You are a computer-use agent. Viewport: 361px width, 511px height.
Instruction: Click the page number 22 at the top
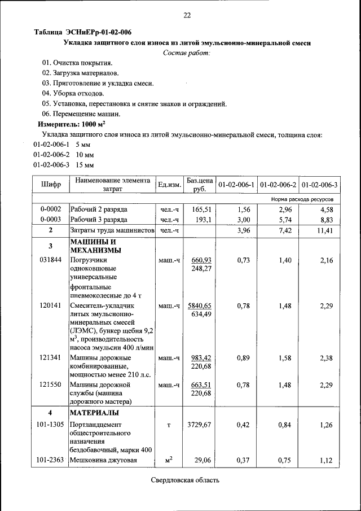click(x=187, y=15)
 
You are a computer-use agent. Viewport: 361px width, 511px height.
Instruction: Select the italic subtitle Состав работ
click(x=187, y=53)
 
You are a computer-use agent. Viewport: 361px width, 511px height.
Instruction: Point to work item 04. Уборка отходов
click(x=73, y=93)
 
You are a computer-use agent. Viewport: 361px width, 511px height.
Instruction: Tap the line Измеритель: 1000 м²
click(x=72, y=124)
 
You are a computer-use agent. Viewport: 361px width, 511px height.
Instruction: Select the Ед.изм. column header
click(x=169, y=185)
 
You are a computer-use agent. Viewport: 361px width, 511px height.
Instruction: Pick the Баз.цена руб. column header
click(x=199, y=185)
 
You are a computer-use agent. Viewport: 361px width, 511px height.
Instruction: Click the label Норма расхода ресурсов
click(x=302, y=199)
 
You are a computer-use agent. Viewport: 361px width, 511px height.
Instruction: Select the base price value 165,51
click(x=201, y=209)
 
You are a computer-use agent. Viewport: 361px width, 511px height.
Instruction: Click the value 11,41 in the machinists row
click(x=325, y=230)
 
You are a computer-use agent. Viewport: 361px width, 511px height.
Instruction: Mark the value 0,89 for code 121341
click(x=243, y=358)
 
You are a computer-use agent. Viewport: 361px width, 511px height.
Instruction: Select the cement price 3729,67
click(x=199, y=424)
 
